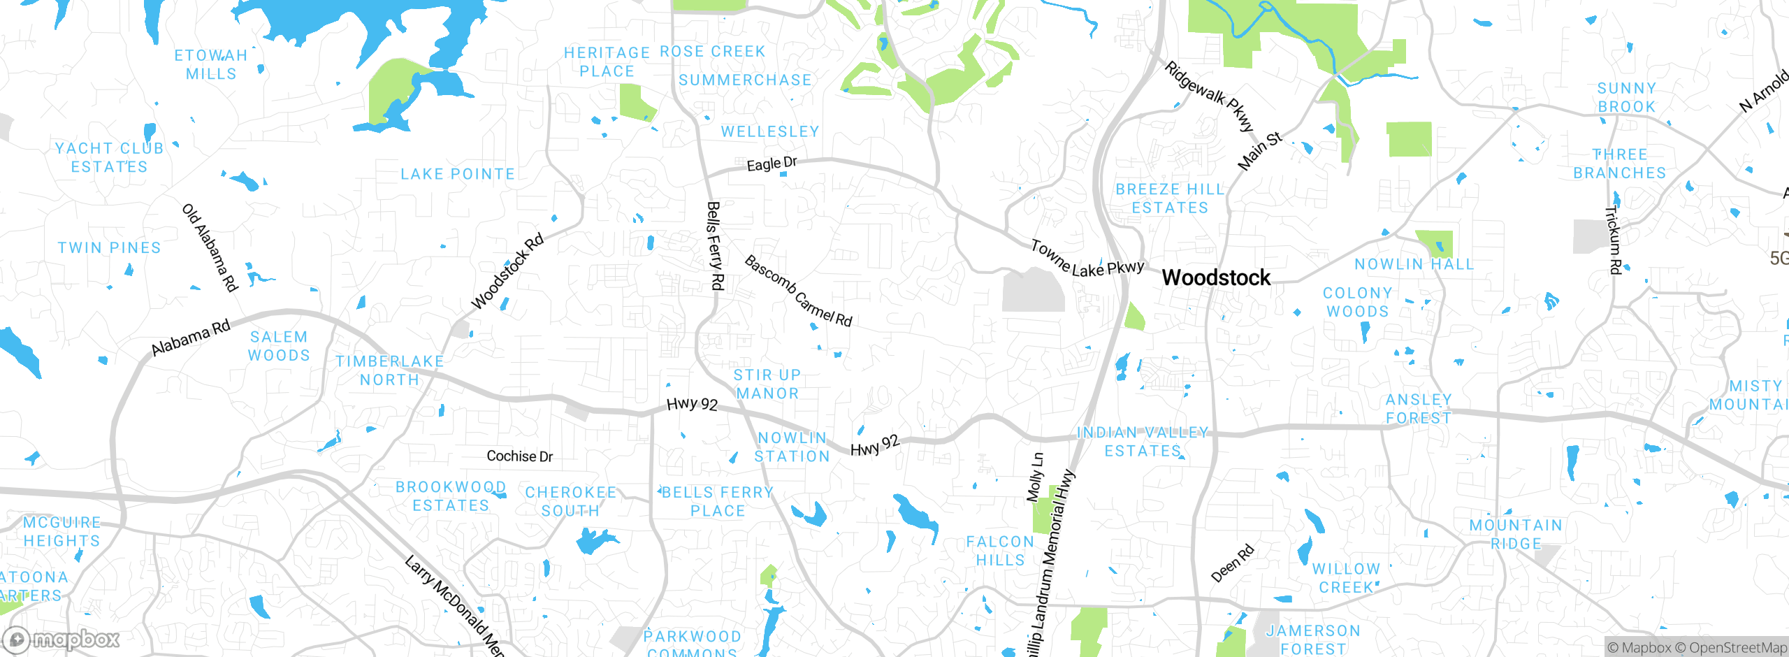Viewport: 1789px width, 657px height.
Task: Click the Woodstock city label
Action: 1216,277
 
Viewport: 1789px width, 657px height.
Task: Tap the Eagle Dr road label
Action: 772,164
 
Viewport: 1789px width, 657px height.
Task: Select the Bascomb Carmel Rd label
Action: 798,291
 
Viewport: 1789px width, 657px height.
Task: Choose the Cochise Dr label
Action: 519,456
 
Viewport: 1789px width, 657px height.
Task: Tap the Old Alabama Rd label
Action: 210,247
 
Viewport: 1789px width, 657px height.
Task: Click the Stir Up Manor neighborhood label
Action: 767,384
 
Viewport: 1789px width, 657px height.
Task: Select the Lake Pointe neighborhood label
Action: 458,174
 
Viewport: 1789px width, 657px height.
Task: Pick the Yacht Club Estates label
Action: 110,157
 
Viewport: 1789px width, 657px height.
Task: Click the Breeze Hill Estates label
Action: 1170,198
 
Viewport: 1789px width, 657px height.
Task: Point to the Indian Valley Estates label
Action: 1143,442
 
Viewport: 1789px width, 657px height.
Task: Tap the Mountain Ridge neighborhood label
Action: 1516,534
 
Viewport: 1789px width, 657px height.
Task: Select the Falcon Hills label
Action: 1000,551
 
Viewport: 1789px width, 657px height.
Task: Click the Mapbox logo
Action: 61,639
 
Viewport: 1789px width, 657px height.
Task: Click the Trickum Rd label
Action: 1614,240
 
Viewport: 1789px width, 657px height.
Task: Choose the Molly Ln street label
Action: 1035,477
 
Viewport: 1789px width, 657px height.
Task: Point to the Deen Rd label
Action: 1233,563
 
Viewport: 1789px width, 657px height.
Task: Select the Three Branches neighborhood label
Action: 1619,164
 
